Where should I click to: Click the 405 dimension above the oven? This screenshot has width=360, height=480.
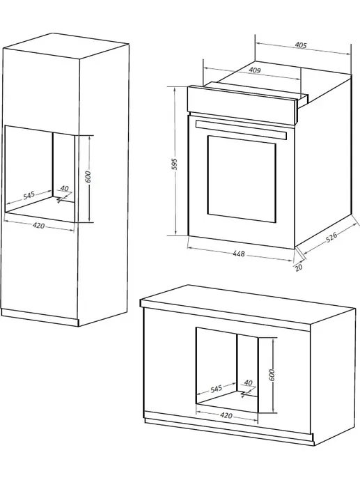tap(301, 45)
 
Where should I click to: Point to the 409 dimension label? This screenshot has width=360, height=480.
tap(254, 70)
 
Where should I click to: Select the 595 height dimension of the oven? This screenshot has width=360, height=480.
tap(174, 164)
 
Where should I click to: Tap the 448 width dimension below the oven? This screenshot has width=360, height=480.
tap(239, 254)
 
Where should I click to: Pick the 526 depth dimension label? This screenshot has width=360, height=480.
tap(331, 238)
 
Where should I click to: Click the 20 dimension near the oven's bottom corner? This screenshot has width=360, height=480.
tap(299, 268)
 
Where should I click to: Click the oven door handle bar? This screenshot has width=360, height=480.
tap(241, 130)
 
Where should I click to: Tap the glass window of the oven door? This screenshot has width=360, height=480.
tap(242, 179)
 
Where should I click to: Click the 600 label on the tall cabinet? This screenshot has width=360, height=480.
tap(88, 177)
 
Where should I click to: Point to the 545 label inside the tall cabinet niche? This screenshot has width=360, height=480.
tap(29, 195)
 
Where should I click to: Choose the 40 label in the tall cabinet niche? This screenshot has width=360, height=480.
tap(64, 188)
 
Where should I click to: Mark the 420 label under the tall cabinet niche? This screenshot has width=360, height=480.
tap(38, 226)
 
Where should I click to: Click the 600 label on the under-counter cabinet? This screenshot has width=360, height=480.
tap(272, 375)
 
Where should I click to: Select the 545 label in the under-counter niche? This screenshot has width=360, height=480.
tap(216, 389)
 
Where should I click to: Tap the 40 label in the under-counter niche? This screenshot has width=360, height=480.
tap(249, 382)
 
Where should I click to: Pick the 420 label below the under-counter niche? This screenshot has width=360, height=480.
tap(226, 415)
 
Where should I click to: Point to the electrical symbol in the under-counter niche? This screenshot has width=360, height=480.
tap(244, 394)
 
